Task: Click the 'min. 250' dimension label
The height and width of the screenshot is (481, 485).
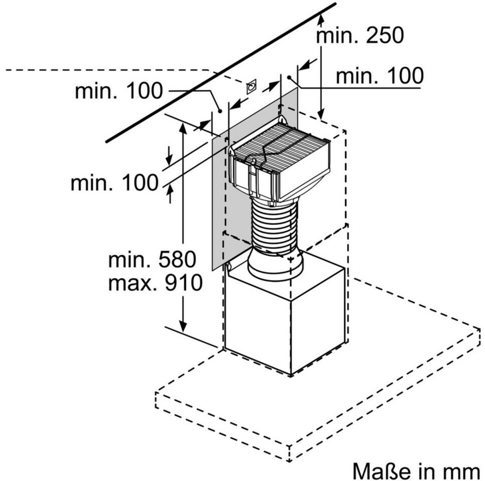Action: (x=360, y=36)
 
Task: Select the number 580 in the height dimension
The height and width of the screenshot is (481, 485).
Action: (x=174, y=260)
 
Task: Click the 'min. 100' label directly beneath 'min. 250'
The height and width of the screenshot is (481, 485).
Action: (x=379, y=76)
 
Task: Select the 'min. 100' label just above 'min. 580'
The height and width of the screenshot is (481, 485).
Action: (x=114, y=183)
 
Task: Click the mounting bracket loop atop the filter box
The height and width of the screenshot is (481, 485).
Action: (x=284, y=120)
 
